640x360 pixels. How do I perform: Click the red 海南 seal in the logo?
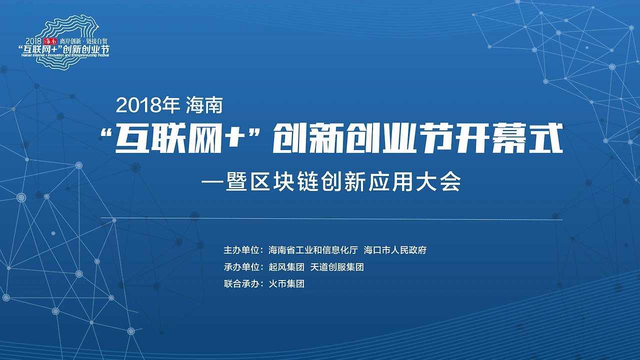pyautogui.click(x=51, y=40)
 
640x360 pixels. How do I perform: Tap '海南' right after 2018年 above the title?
pyautogui.click(x=204, y=105)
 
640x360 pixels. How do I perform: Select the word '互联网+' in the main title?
pyautogui.click(x=177, y=140)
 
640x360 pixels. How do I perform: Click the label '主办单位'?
pyautogui.click(x=241, y=250)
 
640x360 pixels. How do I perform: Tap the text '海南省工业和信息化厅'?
pyautogui.click(x=313, y=250)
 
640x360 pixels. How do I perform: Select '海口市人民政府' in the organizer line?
pyautogui.click(x=395, y=250)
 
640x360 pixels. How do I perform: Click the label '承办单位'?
pyautogui.click(x=241, y=267)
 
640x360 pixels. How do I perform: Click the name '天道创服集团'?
pyautogui.click(x=337, y=267)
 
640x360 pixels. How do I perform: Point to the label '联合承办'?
pyautogui.click(x=241, y=284)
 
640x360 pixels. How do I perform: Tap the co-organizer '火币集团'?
pyautogui.click(x=286, y=284)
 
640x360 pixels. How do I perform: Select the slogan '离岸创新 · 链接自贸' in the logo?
pyautogui.click(x=83, y=41)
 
